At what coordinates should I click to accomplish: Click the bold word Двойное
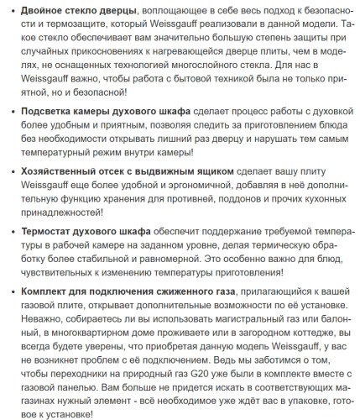(x=43, y=11)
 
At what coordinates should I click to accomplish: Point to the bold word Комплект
(x=45, y=292)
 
